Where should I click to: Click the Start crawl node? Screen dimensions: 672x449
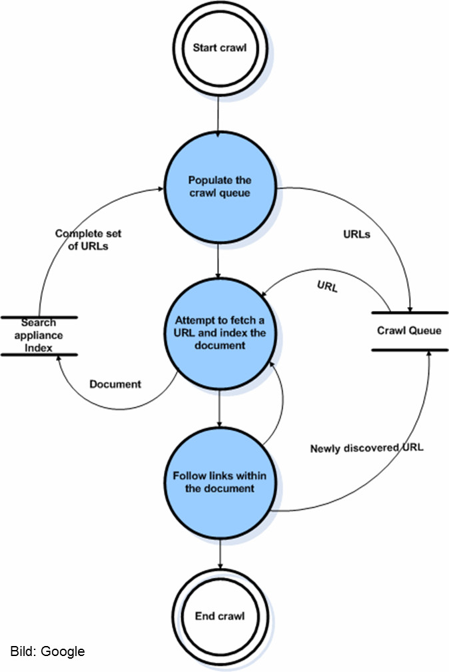(219, 48)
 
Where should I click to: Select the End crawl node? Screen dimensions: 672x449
(219, 616)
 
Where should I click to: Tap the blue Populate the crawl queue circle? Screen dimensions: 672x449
(219, 186)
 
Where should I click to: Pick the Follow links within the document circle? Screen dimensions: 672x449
(219, 481)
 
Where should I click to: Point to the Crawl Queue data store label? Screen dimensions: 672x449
(408, 330)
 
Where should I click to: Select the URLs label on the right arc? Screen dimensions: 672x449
(357, 234)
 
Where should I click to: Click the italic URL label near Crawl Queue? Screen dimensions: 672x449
(326, 288)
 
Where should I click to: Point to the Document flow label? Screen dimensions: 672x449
(115, 384)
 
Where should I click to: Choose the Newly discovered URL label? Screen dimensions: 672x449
(366, 448)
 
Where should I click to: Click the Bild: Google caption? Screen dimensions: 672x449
(47, 651)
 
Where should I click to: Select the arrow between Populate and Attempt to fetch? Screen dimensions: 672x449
(219, 260)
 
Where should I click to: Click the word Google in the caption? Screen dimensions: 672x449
(63, 651)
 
